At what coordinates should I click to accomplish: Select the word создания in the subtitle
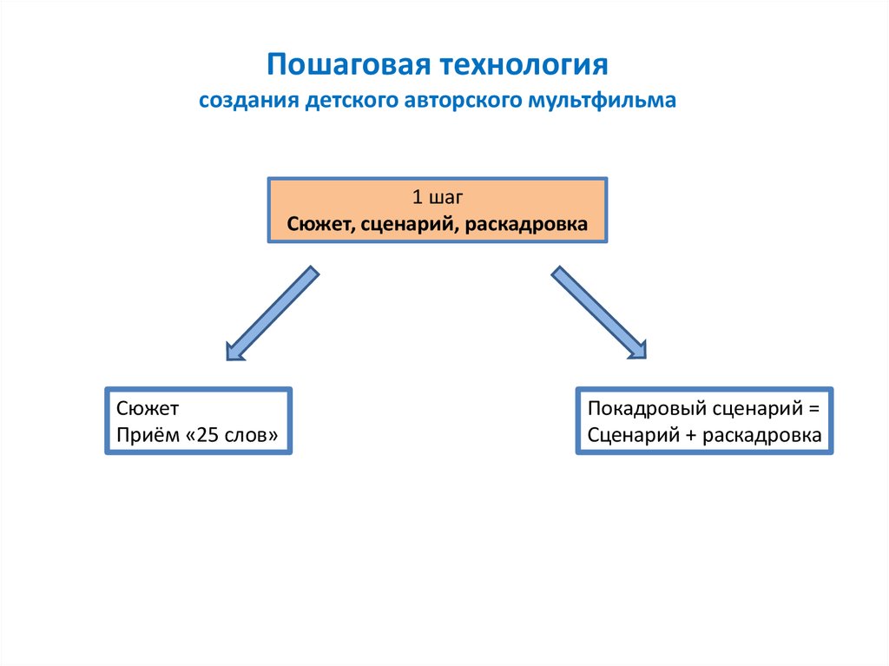[248, 101]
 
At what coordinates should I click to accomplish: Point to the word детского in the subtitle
[352, 101]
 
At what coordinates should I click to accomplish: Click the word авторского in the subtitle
[463, 101]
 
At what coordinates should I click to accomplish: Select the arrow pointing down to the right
[599, 313]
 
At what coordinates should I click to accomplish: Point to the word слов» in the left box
[253, 435]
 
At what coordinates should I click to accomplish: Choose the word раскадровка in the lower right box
[761, 435]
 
